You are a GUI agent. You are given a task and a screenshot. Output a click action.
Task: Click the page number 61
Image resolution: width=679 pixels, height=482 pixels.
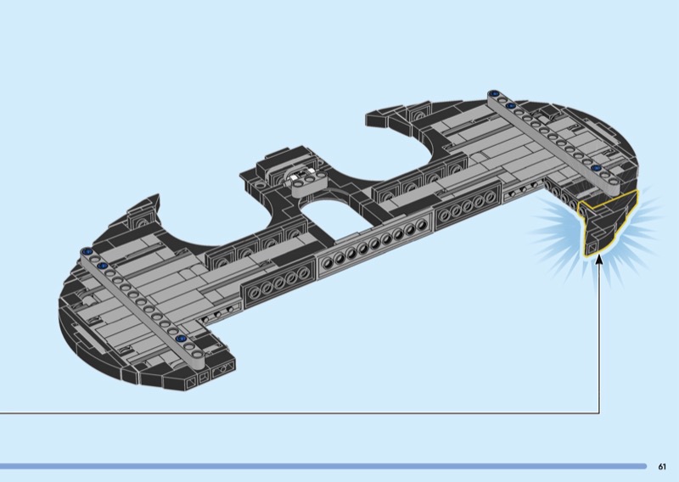pyautogui.click(x=662, y=467)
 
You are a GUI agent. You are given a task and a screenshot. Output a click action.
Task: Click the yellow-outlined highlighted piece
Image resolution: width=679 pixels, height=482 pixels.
pyautogui.click(x=609, y=221)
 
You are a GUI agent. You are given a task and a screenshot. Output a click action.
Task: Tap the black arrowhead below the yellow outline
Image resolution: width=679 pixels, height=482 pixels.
pyautogui.click(x=599, y=260)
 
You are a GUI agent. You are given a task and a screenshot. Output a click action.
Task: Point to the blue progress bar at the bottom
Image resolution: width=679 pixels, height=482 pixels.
pyautogui.click(x=323, y=467)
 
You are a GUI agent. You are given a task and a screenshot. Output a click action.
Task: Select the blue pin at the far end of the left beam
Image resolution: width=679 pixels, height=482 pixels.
pyautogui.click(x=88, y=251)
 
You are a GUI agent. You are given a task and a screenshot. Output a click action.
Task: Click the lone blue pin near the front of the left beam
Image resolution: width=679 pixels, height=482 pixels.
pyautogui.click(x=181, y=339)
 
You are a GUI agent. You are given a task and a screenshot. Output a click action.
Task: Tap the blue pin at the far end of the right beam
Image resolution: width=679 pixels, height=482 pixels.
pyautogui.click(x=492, y=93)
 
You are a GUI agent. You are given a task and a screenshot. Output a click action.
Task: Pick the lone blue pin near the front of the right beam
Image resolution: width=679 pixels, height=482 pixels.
pyautogui.click(x=595, y=168)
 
